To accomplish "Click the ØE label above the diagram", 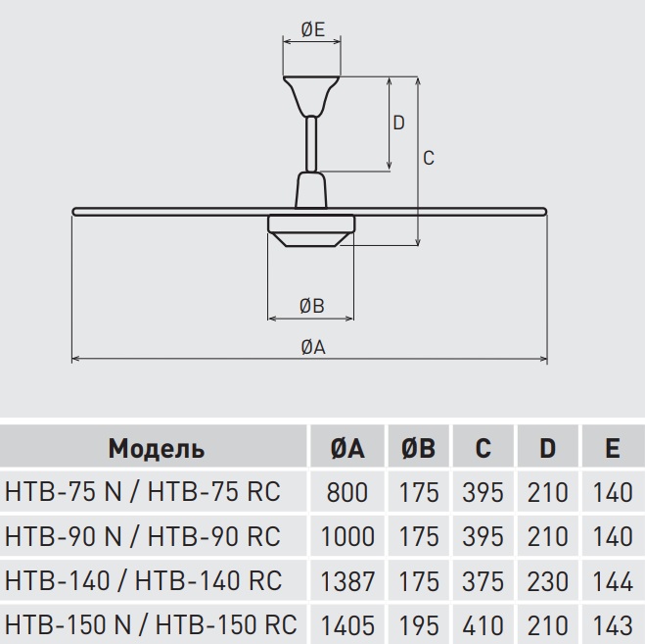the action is point(313,29).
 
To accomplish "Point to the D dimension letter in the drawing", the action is point(398,123).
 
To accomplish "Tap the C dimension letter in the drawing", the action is point(429,158).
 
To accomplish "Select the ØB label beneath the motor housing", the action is point(312,306).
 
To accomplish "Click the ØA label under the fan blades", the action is point(313,347).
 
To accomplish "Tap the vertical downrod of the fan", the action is point(311,144).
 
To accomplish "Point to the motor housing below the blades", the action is point(311,230).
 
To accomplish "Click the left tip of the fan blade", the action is point(73,212).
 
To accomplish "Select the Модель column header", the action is point(157,448).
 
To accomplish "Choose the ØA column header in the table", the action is point(347,447).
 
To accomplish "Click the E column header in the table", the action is point(613,447).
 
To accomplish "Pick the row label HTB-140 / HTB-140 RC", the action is point(144,580).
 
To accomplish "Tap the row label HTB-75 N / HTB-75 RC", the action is point(143,491).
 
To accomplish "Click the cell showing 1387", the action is point(347,580).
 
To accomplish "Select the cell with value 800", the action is point(347,492).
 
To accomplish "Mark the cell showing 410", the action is point(483,625).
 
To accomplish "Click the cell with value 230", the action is point(547,580).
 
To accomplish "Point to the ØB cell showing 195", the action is point(419,625).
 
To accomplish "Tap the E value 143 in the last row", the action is point(613,625).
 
